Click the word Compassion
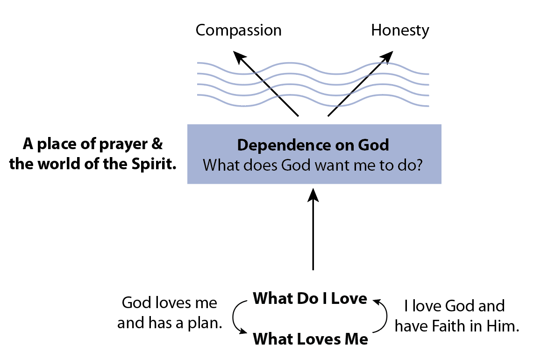click(238, 31)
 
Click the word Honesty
click(400, 31)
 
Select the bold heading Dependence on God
click(313, 145)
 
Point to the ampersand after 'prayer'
click(157, 144)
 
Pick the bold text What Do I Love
click(310, 298)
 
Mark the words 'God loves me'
click(170, 303)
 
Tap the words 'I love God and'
click(454, 306)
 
